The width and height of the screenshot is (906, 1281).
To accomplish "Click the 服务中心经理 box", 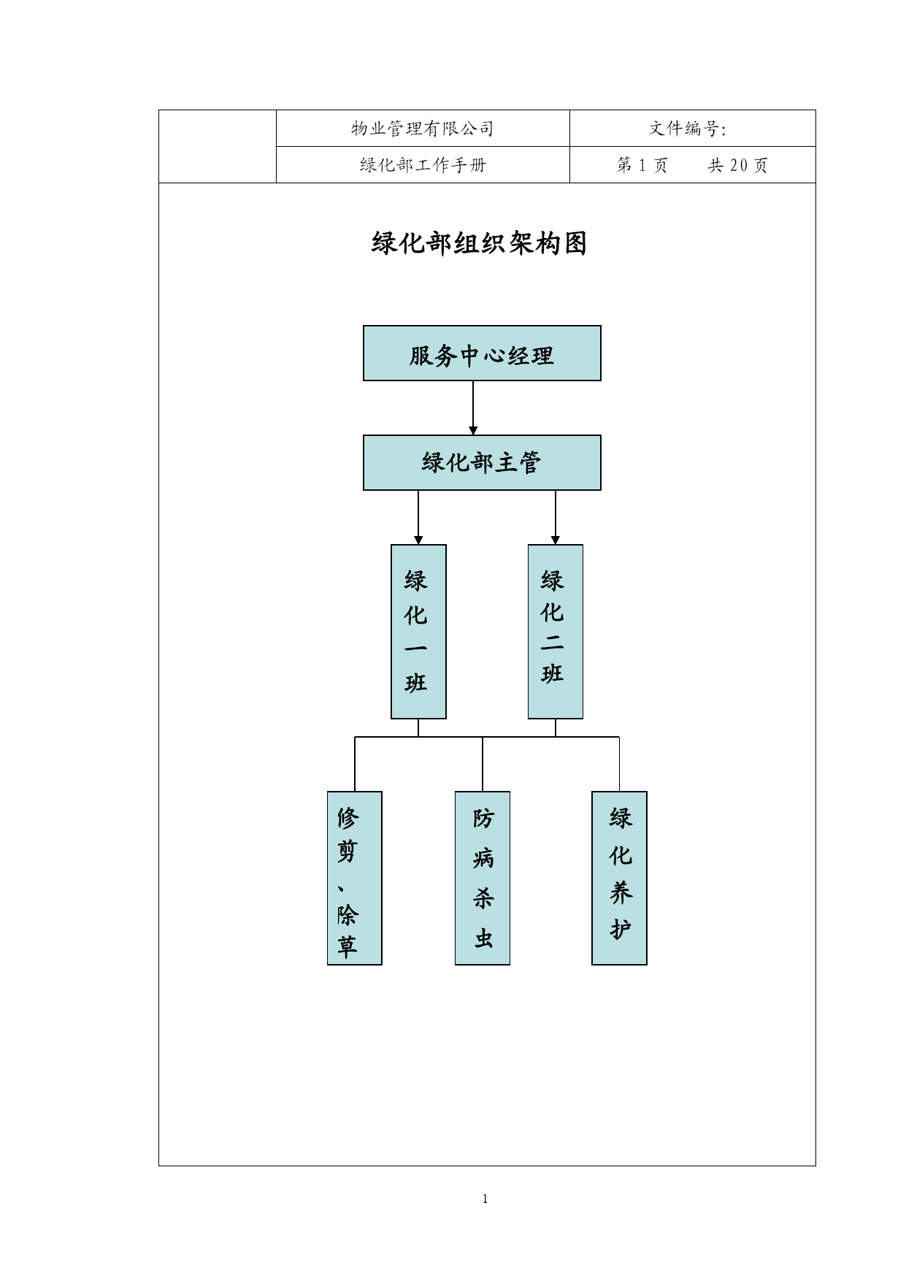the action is tap(482, 353).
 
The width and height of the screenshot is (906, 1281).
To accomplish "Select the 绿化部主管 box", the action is tap(482, 463).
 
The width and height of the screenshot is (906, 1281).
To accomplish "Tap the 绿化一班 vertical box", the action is tap(418, 632).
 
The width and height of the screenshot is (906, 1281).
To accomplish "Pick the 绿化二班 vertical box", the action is tap(556, 632).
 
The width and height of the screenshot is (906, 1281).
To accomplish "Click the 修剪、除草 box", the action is tap(355, 878).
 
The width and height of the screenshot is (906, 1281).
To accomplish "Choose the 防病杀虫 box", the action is tap(483, 878).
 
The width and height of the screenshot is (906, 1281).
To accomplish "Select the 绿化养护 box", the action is tap(619, 878).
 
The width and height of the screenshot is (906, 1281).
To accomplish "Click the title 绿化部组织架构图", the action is tap(480, 243).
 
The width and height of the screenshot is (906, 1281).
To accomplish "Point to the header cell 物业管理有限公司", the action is tap(423, 129).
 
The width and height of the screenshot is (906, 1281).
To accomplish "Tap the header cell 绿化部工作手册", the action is tap(423, 165).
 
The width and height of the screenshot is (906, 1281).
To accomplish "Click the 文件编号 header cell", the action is tap(692, 129).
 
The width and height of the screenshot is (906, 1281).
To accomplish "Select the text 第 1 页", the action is tap(642, 165).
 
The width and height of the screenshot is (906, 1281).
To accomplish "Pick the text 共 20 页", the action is tap(738, 165).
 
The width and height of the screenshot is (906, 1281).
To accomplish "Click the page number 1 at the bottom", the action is tap(485, 1198).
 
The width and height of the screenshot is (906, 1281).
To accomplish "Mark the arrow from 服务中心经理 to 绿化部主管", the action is tap(473, 408).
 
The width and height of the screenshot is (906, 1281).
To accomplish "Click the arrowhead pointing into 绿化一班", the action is tap(418, 540).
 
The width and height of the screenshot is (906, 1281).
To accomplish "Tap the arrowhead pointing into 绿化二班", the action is tap(556, 540).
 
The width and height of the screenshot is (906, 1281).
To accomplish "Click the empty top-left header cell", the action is tap(218, 146).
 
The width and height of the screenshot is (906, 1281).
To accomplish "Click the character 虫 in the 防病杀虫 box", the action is tap(483, 938).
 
